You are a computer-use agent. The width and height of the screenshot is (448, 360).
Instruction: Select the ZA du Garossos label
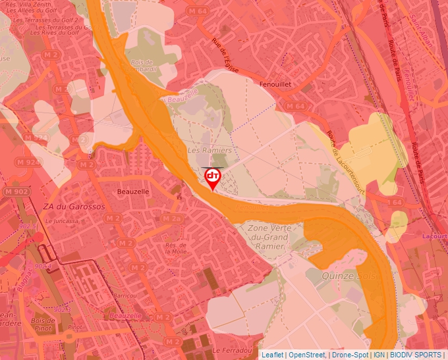click(x=74, y=207)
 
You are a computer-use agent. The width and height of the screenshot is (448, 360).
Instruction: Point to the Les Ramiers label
click(x=210, y=151)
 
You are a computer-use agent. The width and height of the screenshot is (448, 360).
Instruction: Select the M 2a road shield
click(x=171, y=219)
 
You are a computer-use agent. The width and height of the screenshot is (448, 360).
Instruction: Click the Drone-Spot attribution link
click(x=350, y=355)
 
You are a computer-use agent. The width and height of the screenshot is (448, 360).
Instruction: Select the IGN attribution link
click(x=379, y=355)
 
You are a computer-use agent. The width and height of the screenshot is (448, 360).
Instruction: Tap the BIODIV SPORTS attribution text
click(x=415, y=355)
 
